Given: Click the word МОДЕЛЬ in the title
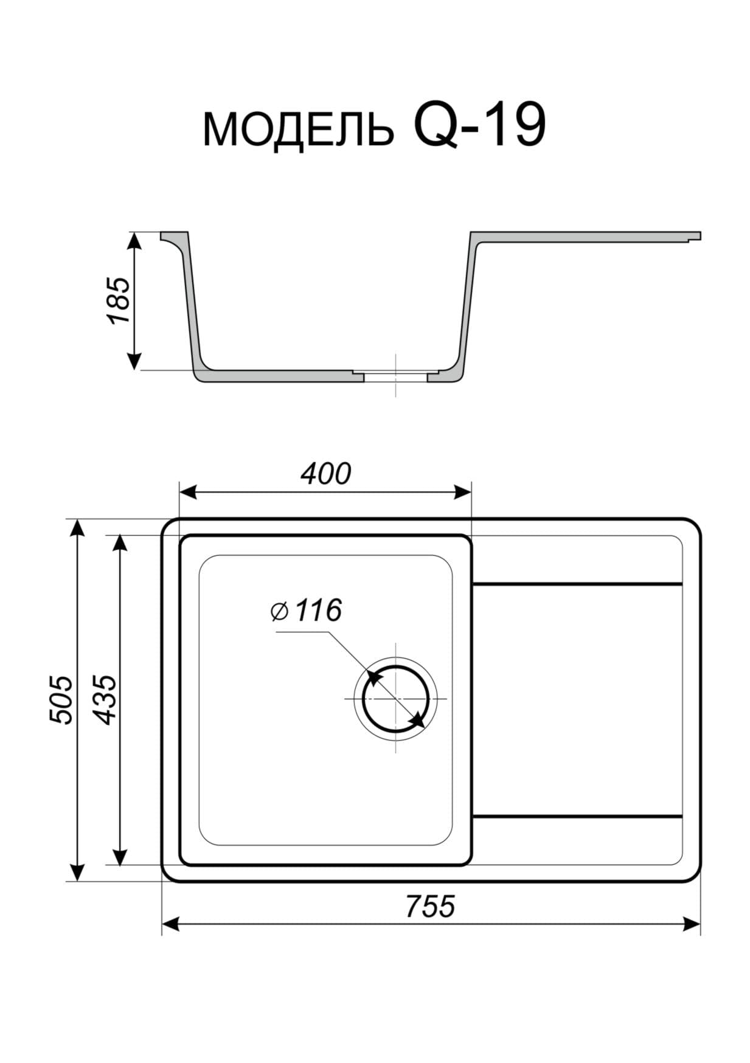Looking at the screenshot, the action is [x=298, y=130].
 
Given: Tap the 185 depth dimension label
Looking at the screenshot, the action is [x=119, y=300].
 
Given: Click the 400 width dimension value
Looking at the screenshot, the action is [x=326, y=474].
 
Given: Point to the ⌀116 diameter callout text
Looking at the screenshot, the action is [x=306, y=610].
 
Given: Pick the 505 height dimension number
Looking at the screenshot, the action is [x=61, y=699].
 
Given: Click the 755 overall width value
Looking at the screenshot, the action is [x=430, y=905].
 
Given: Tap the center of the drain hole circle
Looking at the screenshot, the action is [x=395, y=699].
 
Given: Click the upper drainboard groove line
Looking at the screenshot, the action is [x=577, y=584].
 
